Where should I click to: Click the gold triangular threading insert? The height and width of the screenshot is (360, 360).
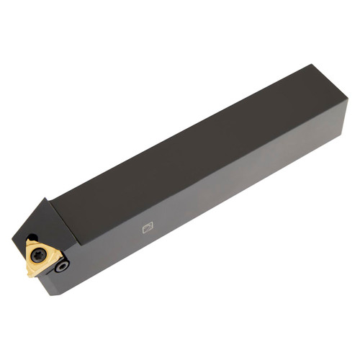tap(42, 258)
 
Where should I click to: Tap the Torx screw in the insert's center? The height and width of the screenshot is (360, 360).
tap(40, 255)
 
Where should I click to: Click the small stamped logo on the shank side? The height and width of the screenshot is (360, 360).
tap(148, 228)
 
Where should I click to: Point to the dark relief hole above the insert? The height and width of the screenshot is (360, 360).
tap(32, 237)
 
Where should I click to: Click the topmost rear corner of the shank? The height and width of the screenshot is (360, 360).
tap(314, 66)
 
